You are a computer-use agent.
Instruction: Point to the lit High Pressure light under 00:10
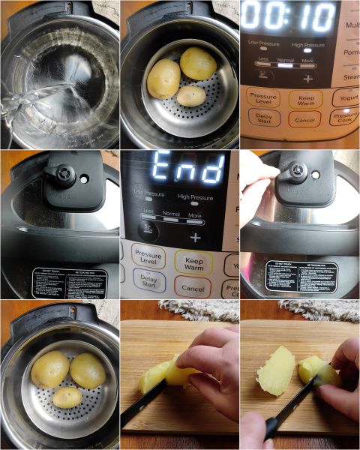(307, 53)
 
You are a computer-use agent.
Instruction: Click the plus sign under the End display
(195, 237)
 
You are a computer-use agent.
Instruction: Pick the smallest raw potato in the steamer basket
(190, 95)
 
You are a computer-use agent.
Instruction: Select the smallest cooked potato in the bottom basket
(67, 397)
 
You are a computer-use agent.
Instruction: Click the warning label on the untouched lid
(70, 283)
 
